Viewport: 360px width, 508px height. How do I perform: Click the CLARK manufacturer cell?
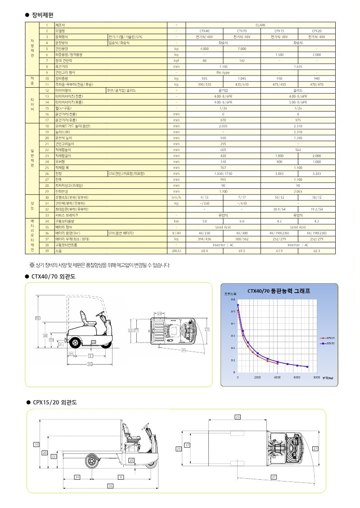pos(260,25)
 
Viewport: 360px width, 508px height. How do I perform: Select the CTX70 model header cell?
pos(242,31)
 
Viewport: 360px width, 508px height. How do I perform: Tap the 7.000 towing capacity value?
pos(242,49)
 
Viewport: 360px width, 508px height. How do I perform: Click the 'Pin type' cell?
pos(223,72)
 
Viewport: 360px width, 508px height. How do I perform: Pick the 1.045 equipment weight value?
pos(242,78)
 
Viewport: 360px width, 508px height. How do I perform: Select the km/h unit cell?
pos(176,197)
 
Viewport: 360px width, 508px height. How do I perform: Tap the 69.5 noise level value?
pos(242,250)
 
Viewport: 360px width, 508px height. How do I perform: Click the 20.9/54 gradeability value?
pos(279,209)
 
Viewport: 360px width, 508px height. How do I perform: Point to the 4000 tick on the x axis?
pos(277,378)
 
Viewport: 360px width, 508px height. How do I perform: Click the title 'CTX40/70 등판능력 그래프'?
pos(279,291)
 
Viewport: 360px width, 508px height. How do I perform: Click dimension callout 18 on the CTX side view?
pos(38,319)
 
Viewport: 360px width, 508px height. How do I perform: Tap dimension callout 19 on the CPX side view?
pos(36,445)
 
